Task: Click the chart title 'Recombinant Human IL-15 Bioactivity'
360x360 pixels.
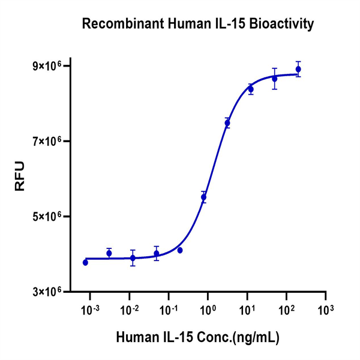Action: (x=198, y=24)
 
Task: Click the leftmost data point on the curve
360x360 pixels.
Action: (x=85, y=262)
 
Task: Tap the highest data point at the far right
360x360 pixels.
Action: (x=298, y=69)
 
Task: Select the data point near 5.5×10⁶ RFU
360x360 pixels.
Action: (x=203, y=197)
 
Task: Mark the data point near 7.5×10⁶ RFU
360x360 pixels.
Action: (x=227, y=123)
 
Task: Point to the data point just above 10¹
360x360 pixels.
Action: (x=251, y=89)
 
